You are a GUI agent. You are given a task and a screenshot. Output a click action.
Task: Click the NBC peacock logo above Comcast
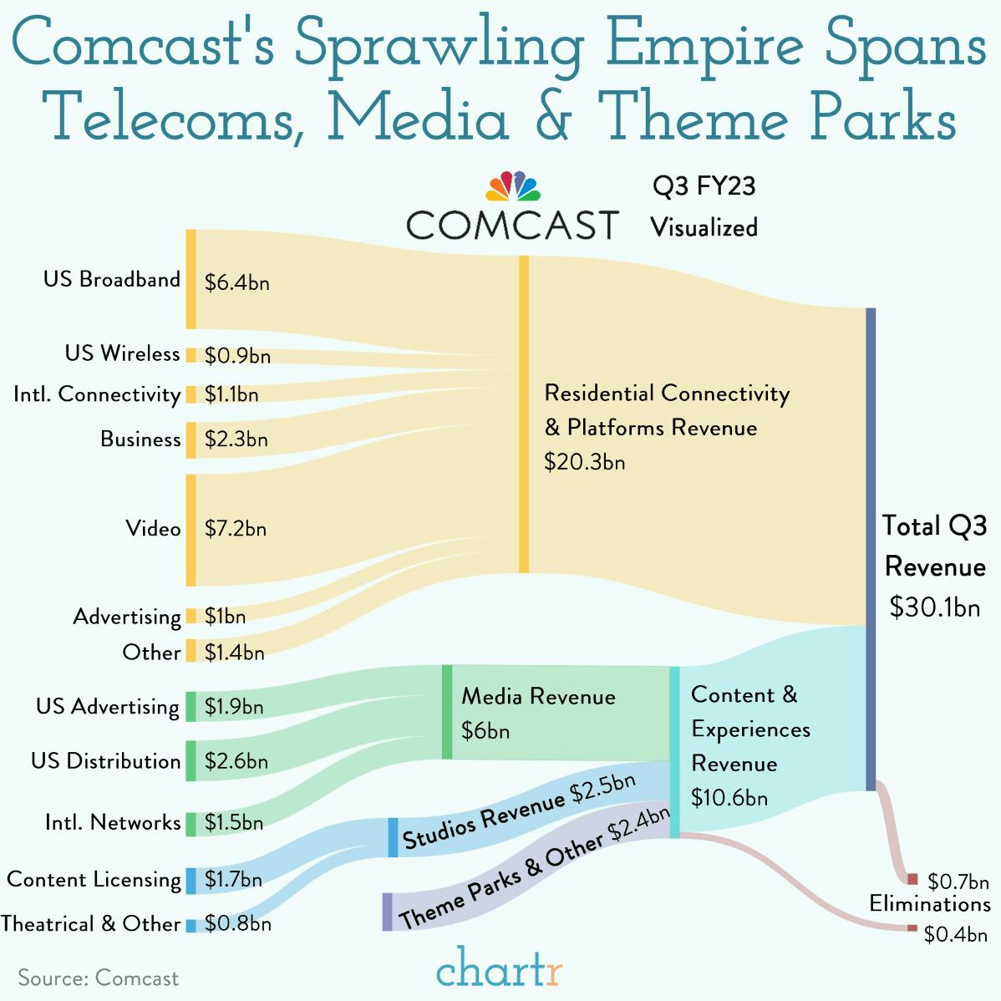point(513,186)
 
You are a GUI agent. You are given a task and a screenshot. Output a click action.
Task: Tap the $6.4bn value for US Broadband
point(236,282)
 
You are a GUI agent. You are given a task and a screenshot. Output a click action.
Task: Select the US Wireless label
point(122,353)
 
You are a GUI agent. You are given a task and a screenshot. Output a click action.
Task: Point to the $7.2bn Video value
point(235,529)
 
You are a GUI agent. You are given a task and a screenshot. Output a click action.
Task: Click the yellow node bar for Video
point(191,530)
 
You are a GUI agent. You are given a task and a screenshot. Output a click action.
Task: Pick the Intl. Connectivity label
point(97,394)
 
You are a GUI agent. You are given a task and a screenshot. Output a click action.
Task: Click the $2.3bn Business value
point(236,440)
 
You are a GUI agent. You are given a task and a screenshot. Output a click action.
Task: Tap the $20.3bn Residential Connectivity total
point(584,462)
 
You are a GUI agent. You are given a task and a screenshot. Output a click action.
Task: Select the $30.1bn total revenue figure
point(934,607)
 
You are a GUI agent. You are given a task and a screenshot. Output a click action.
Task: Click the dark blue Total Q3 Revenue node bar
point(871,548)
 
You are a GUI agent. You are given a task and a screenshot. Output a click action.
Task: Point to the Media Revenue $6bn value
point(485,731)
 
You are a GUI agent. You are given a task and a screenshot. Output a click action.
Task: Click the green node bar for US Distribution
point(191,760)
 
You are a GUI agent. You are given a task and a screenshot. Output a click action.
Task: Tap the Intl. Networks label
point(113,822)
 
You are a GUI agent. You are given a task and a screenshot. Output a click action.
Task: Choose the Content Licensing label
point(94,880)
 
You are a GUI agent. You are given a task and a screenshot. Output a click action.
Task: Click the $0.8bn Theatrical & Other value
point(237,924)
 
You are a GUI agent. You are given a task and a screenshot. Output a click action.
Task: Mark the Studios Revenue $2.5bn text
point(519,812)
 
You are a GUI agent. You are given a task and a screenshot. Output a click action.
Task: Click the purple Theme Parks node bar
point(387,912)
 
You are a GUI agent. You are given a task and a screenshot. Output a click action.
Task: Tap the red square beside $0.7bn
point(912,879)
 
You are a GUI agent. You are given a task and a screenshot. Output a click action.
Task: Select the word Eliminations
point(929,904)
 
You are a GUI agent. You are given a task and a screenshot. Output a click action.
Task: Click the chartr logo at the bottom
point(499,970)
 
